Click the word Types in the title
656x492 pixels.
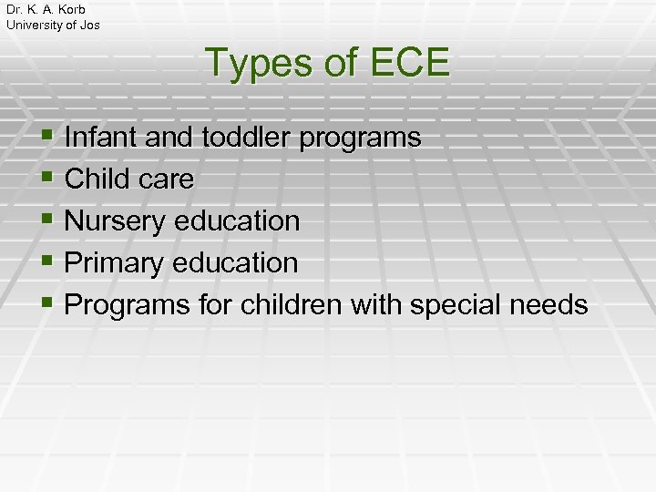[x=259, y=64]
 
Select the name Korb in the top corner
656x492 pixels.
[x=69, y=9]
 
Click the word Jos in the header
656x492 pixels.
[x=89, y=25]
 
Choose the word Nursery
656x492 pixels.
[x=118, y=221]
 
